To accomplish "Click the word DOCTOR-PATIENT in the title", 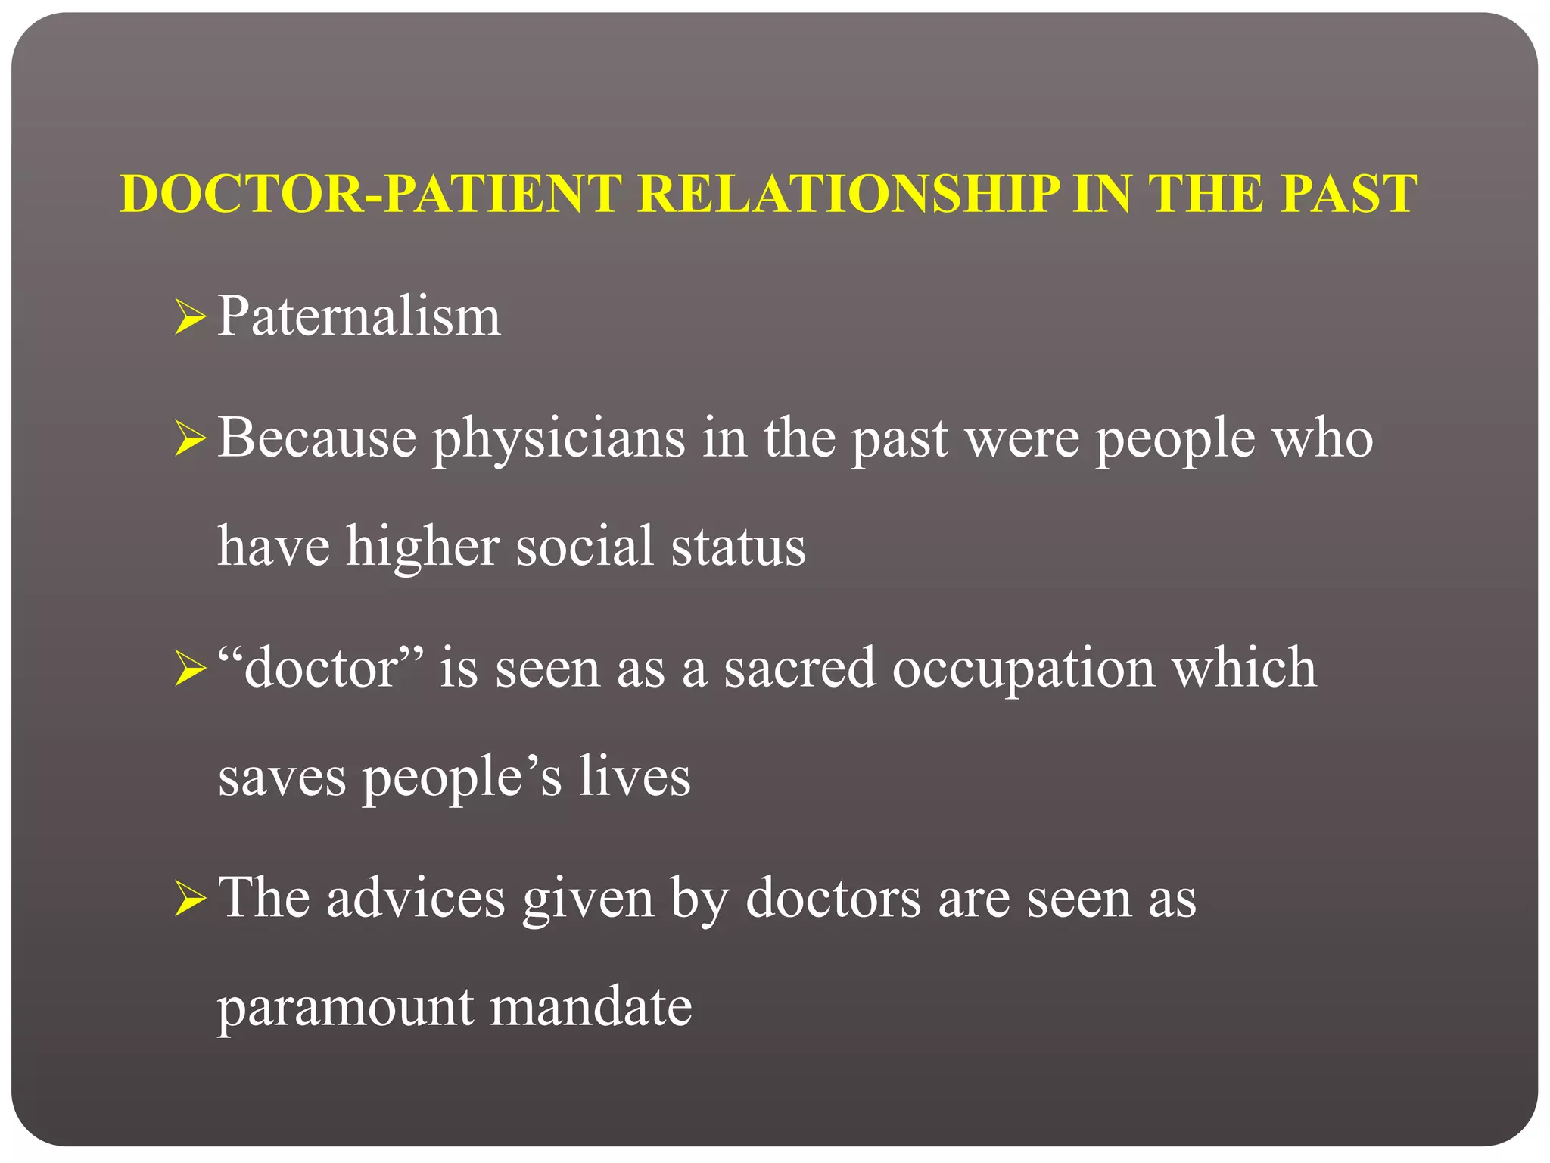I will tap(371, 194).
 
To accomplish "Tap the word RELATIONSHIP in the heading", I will tap(848, 194).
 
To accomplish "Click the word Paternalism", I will tap(359, 316).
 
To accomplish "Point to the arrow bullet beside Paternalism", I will tap(189, 316).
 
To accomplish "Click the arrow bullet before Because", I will tap(189, 439).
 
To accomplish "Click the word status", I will tap(738, 547).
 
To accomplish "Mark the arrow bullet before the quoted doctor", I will tap(189, 669).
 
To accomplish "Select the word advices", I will tap(416, 898).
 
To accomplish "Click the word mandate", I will tap(590, 1007).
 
